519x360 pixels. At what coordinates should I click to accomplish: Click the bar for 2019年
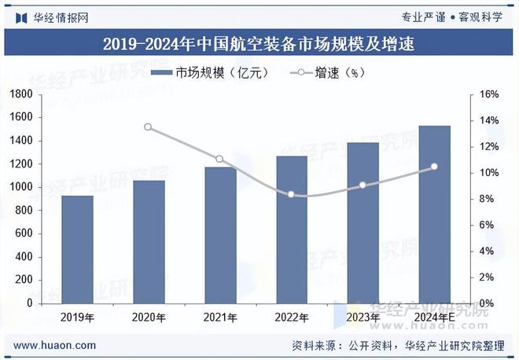[77, 249]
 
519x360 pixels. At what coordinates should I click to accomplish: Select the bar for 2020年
[149, 241]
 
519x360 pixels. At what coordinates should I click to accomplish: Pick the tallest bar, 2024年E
[434, 214]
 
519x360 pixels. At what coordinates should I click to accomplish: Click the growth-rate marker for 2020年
[148, 127]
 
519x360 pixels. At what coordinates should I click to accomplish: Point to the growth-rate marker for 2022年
[291, 194]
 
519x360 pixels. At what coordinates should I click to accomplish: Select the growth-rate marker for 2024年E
[434, 167]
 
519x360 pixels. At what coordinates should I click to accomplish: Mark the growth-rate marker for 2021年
[219, 160]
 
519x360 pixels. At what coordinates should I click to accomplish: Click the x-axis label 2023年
[363, 318]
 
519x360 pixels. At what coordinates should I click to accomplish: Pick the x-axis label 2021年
[219, 318]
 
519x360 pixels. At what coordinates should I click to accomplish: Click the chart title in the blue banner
[259, 43]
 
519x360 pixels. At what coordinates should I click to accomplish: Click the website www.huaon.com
[55, 344]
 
